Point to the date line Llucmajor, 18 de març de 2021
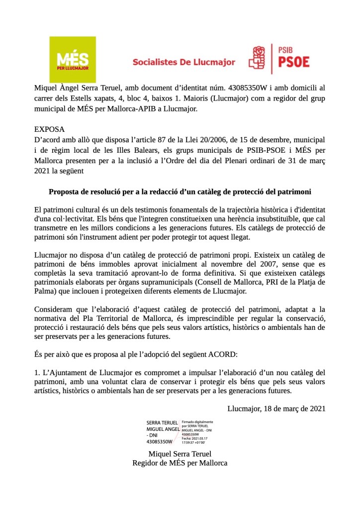click(x=276, y=408)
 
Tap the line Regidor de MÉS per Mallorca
click(x=180, y=463)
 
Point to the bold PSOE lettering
click(x=293, y=62)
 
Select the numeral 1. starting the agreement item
click(x=38, y=372)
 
